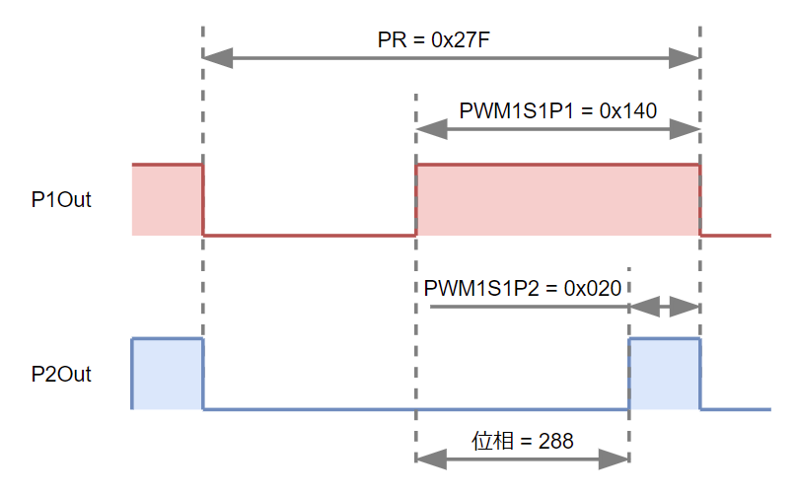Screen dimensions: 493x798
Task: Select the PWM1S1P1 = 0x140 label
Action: pyautogui.click(x=557, y=110)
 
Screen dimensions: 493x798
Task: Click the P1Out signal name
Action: pyautogui.click(x=61, y=200)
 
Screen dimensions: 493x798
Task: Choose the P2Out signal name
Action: pyautogui.click(x=61, y=375)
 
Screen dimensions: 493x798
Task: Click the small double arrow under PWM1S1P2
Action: pyautogui.click(x=665, y=308)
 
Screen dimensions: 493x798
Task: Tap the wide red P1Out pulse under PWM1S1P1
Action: pyautogui.click(x=558, y=200)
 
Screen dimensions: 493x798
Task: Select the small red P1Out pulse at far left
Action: pyautogui.click(x=167, y=200)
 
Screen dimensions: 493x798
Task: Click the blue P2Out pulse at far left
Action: pyautogui.click(x=167, y=374)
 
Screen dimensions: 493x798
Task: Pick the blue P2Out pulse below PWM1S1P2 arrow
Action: pyautogui.click(x=665, y=374)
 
